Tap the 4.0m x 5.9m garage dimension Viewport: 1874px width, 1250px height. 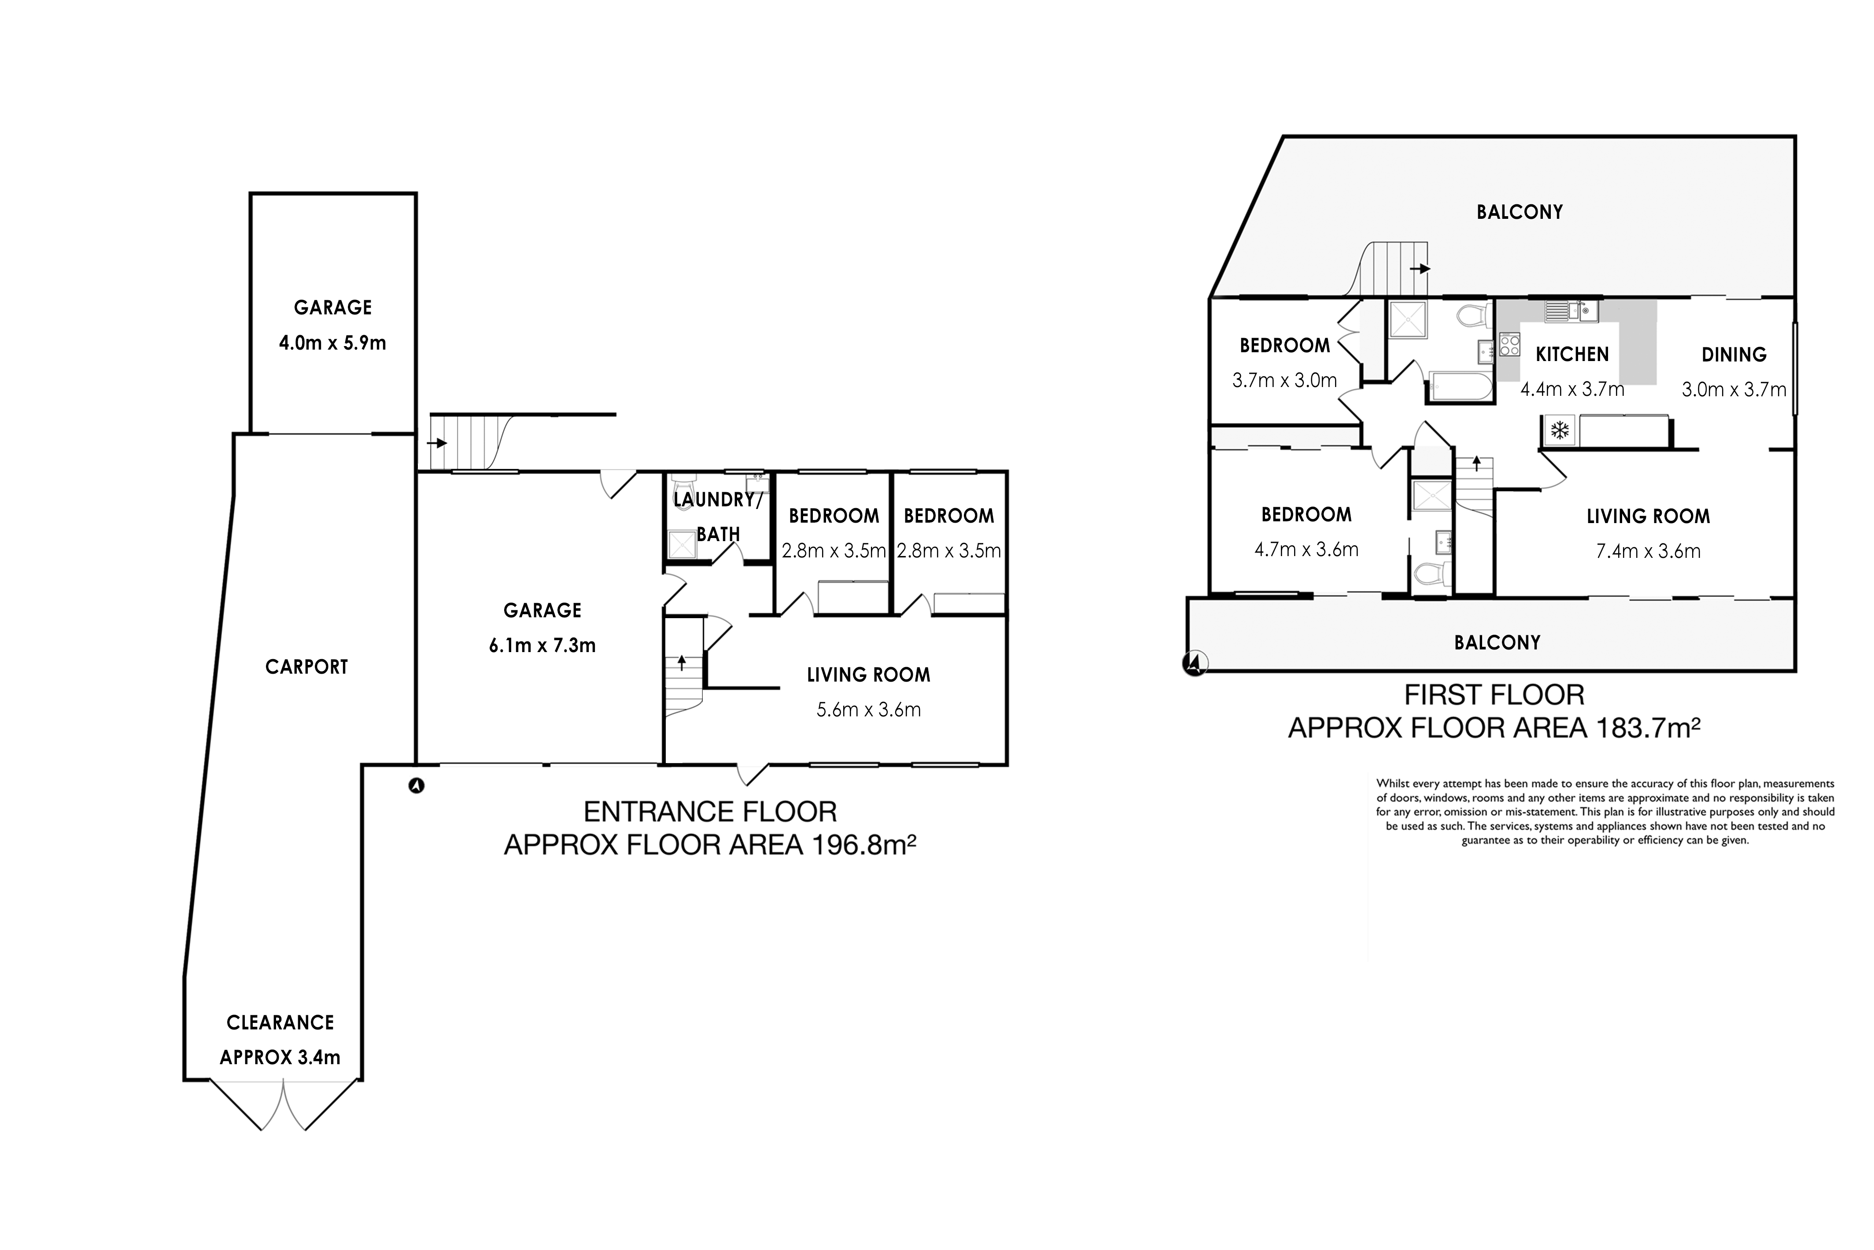(332, 343)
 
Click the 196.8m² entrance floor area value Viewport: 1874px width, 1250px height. (863, 844)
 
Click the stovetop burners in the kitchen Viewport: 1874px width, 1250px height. (1510, 344)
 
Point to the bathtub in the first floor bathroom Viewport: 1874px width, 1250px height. (1460, 387)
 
